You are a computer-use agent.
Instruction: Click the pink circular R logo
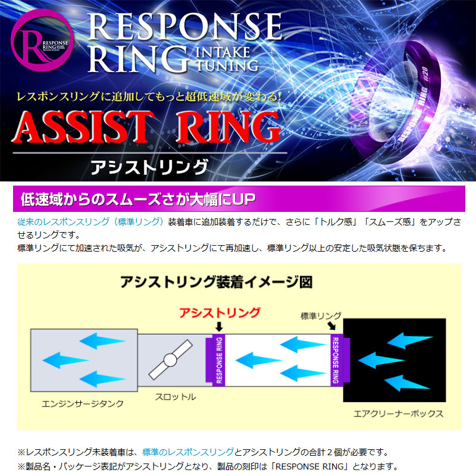coord(42,40)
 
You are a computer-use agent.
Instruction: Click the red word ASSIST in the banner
coord(83,127)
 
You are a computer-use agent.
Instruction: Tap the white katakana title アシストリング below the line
coord(149,167)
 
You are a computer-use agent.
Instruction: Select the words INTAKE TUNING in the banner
coord(227,59)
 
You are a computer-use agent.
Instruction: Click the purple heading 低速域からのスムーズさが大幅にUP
coord(138,199)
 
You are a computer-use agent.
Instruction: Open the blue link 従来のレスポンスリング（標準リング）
coord(90,222)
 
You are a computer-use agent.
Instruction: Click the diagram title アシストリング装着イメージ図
coord(216,282)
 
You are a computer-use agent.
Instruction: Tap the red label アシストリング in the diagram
coord(220,313)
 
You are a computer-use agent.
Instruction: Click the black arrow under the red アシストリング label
coord(219,327)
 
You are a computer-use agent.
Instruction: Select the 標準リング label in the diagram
coord(321,316)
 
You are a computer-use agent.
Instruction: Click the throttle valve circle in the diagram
coord(170,360)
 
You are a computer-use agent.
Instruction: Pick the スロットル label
coord(176,397)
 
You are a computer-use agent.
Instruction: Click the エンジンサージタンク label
coord(83,404)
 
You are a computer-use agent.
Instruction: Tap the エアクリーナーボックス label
coord(399,414)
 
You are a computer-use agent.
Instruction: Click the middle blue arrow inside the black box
coord(381,361)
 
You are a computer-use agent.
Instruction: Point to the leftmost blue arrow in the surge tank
coord(65,361)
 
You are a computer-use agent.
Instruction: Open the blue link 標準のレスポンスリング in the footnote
coord(188,452)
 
